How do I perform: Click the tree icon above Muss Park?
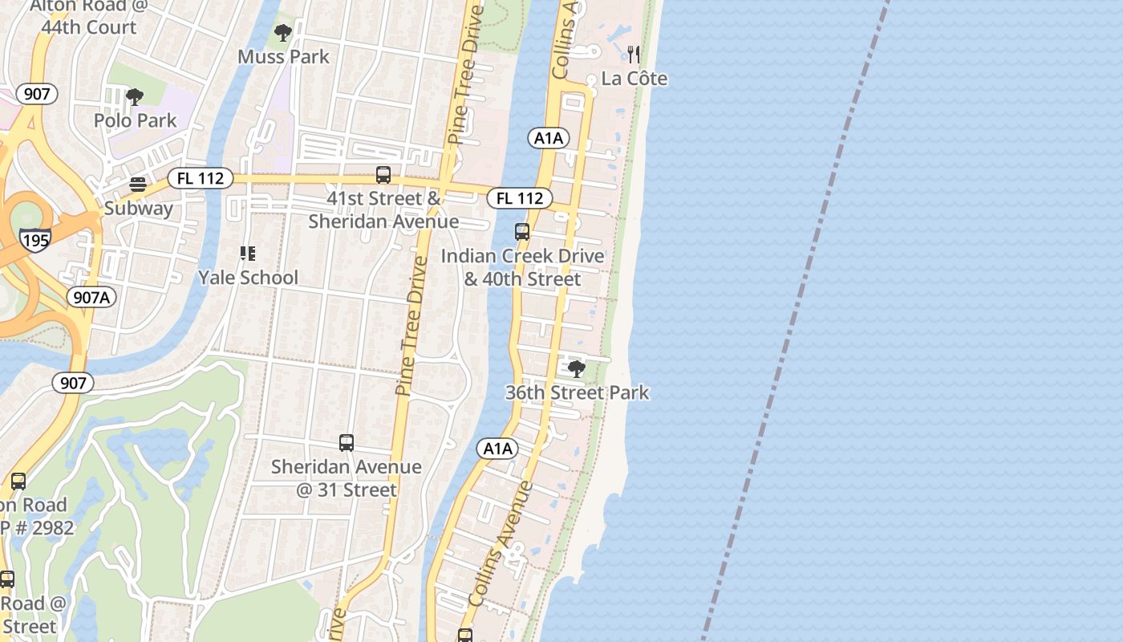point(282,33)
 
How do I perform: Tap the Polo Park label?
point(135,120)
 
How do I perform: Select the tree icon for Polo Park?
point(135,97)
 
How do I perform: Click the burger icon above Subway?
point(138,185)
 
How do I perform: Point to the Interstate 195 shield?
point(36,239)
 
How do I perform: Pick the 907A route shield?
point(91,297)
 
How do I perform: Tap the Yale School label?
point(248,278)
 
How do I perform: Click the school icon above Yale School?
point(248,254)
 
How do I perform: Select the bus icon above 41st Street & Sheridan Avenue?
point(383,174)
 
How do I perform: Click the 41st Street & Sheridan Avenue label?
point(383,209)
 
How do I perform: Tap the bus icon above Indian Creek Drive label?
point(522,232)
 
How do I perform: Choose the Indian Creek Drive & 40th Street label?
point(522,267)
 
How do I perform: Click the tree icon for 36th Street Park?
point(576,369)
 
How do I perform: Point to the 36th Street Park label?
point(577,392)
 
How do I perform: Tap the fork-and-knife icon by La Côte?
point(634,55)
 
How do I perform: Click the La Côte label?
point(634,79)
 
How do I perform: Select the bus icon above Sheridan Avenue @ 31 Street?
point(347,443)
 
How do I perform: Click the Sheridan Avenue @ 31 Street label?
point(346,478)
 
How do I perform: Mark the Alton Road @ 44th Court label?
point(89,16)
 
